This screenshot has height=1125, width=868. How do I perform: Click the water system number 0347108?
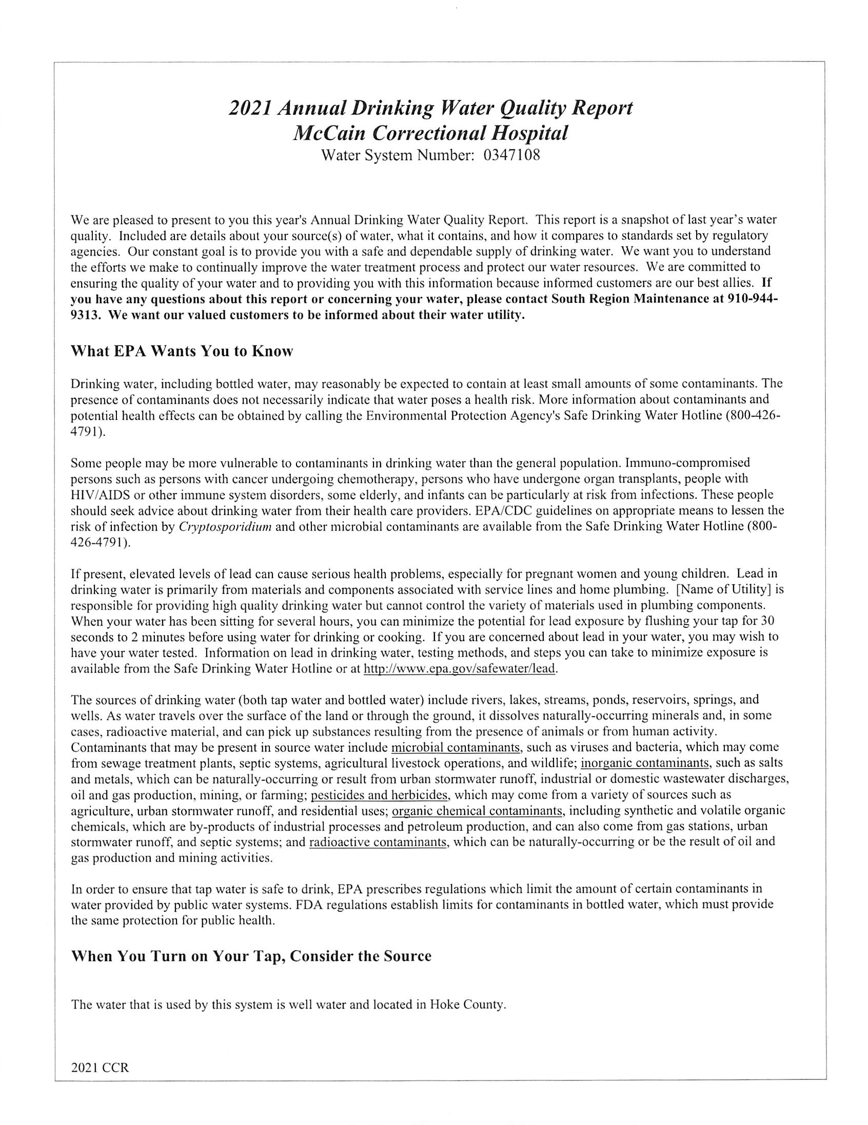pos(511,155)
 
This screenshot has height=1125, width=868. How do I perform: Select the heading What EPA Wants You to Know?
pos(182,351)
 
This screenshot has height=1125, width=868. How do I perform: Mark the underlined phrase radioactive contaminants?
pos(378,842)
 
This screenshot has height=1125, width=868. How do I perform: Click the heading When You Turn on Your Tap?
pos(250,956)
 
